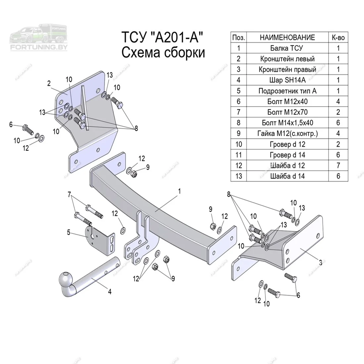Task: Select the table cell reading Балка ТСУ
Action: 287,48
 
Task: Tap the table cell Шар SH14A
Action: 287,80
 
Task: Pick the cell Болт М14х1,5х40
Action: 287,123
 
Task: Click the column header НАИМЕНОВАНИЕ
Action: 287,37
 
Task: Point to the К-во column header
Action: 338,37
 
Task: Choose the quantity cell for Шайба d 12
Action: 338,165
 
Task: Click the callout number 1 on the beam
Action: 180,191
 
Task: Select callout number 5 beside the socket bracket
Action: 68,232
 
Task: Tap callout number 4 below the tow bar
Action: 110,292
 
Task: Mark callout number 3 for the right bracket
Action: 320,263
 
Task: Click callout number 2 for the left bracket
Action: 49,83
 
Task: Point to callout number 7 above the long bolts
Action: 69,194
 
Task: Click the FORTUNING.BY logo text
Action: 39,47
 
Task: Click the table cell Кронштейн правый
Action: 287,69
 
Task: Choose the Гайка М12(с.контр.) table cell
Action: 287,133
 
